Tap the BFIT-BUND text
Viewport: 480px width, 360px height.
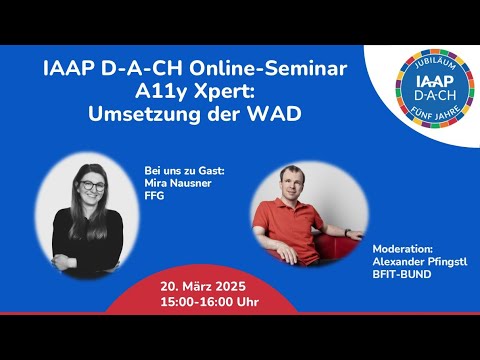pyautogui.click(x=403, y=273)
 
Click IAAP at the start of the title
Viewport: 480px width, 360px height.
pyautogui.click(x=74, y=69)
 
